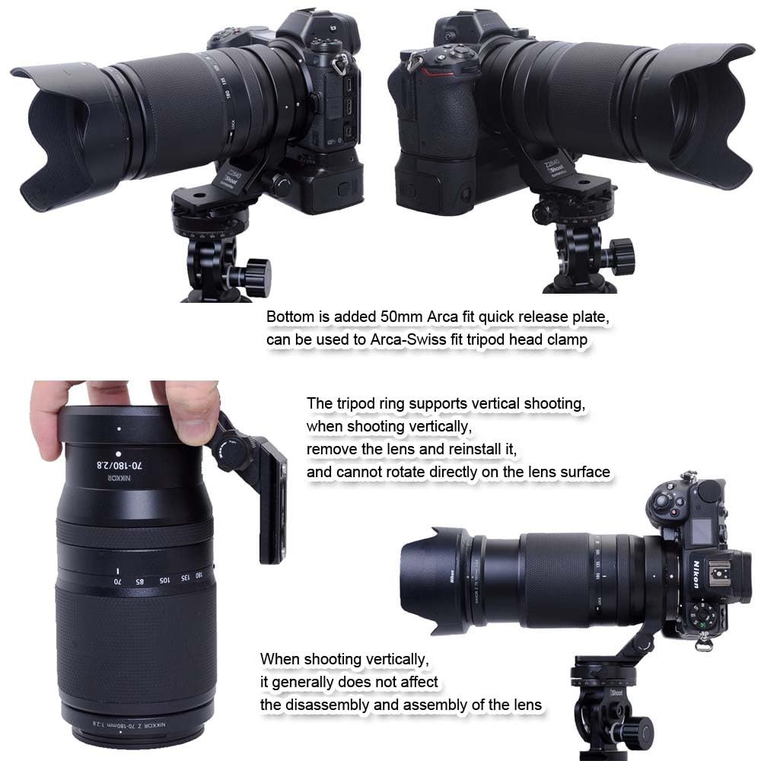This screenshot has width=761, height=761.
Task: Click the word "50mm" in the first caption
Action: pyautogui.click(x=390, y=316)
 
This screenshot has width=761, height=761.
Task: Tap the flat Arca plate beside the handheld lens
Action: pyautogui.click(x=272, y=502)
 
